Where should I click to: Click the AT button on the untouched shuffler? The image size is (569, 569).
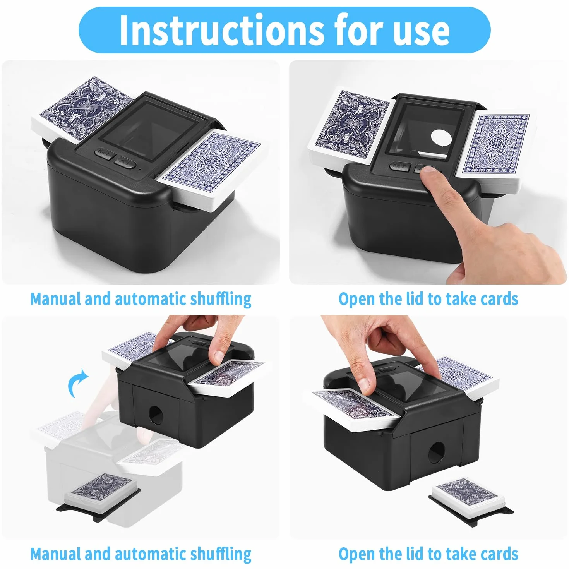[125, 163]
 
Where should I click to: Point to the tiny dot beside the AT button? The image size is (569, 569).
[140, 170]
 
